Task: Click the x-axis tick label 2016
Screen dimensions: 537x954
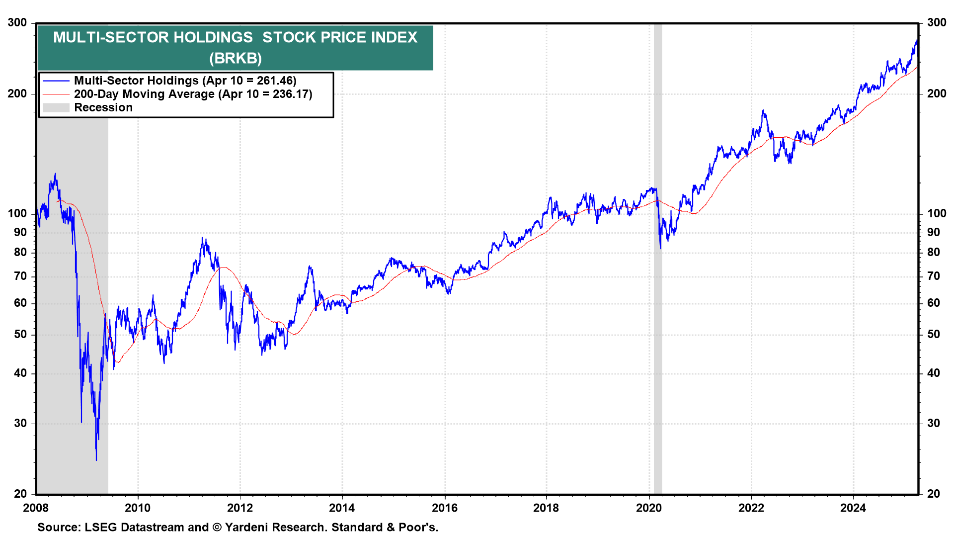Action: coord(445,508)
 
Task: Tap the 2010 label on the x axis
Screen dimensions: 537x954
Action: coord(138,508)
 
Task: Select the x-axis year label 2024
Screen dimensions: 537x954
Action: coord(853,508)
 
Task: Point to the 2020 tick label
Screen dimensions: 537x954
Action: coord(649,508)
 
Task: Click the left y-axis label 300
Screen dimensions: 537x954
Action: coord(17,22)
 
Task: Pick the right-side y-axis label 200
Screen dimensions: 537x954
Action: coord(937,93)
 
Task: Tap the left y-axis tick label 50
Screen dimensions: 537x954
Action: coord(20,334)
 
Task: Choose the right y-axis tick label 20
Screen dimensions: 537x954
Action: coord(934,494)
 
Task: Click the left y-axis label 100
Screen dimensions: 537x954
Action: coord(17,213)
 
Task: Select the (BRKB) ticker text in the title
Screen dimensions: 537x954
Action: coord(235,58)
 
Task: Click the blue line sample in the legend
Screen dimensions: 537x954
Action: coord(56,81)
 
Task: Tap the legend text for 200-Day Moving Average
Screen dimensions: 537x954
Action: coord(144,94)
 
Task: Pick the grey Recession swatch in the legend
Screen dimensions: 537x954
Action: coord(56,107)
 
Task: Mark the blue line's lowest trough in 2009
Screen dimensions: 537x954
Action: coord(96,460)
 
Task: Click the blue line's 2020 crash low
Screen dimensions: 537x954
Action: coord(660,248)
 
